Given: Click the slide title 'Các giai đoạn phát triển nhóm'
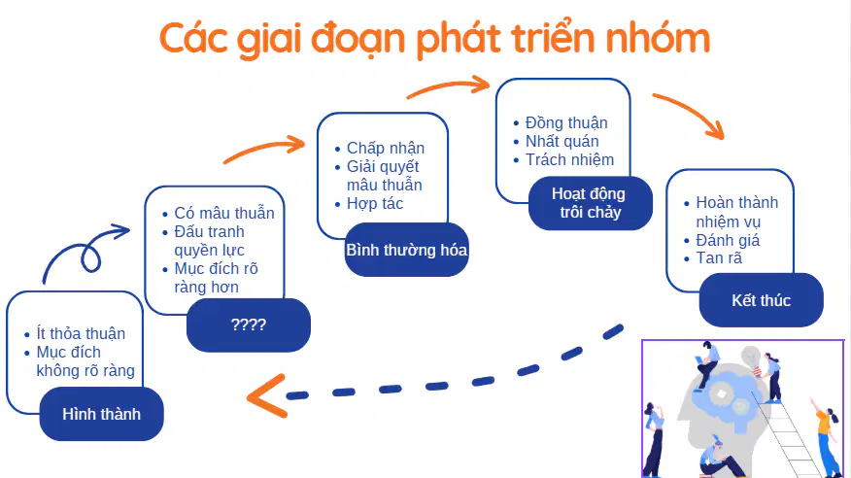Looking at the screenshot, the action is click(434, 39).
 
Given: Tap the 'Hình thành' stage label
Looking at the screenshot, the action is click(101, 414).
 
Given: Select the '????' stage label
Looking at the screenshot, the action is click(249, 325).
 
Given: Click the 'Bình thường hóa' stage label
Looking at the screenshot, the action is click(406, 250).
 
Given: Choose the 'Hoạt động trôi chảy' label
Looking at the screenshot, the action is click(590, 203).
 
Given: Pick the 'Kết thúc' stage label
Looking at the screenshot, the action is click(761, 300).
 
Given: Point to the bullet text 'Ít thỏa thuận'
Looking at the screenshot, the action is click(81, 333).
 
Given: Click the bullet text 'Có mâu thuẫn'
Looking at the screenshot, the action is click(224, 213).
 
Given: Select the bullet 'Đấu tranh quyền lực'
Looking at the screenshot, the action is click(210, 241).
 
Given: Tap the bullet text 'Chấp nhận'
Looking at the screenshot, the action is click(386, 148).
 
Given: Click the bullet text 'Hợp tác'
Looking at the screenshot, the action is click(375, 203).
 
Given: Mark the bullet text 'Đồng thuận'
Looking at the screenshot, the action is click(566, 123).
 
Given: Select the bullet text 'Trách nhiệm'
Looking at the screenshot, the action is click(569, 160).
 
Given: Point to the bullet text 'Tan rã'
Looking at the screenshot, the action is click(719, 258).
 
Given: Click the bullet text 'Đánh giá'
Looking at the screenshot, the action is click(728, 240).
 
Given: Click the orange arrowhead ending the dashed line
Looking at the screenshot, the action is click(266, 396).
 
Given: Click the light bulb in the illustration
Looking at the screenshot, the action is click(753, 359).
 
